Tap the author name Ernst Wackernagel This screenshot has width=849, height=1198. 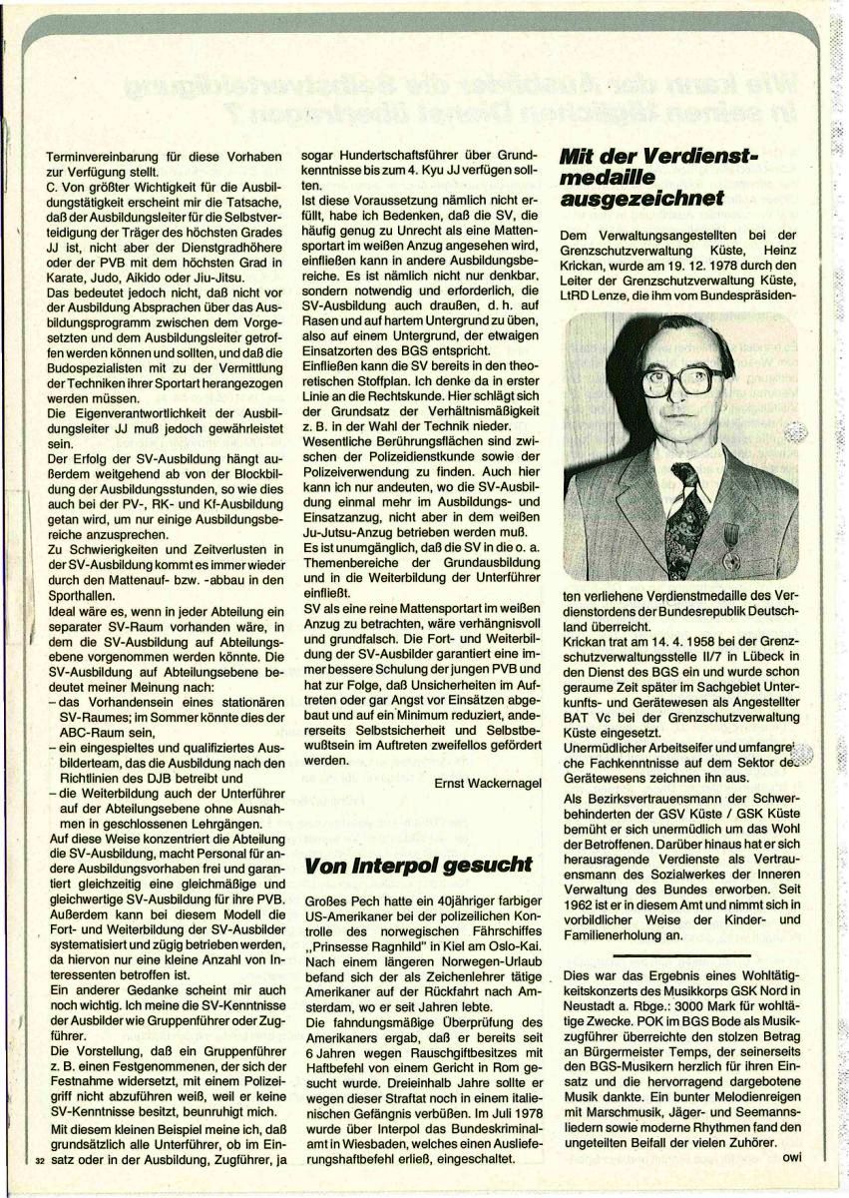pyautogui.click(x=488, y=784)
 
